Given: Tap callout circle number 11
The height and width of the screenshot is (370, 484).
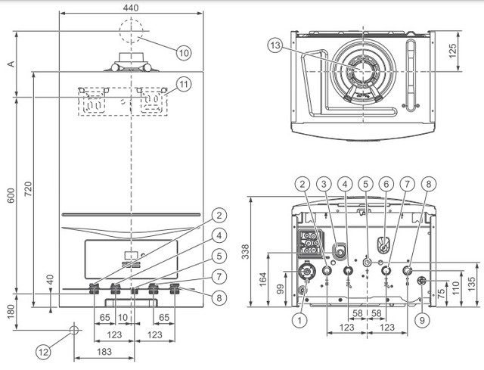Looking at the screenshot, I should pos(184,84).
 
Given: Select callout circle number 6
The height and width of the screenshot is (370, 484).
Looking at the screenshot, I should pos(386,184).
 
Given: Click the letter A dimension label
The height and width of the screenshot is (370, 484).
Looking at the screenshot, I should pos(10,64).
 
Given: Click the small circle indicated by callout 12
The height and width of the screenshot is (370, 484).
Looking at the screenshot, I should pos(73,330).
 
